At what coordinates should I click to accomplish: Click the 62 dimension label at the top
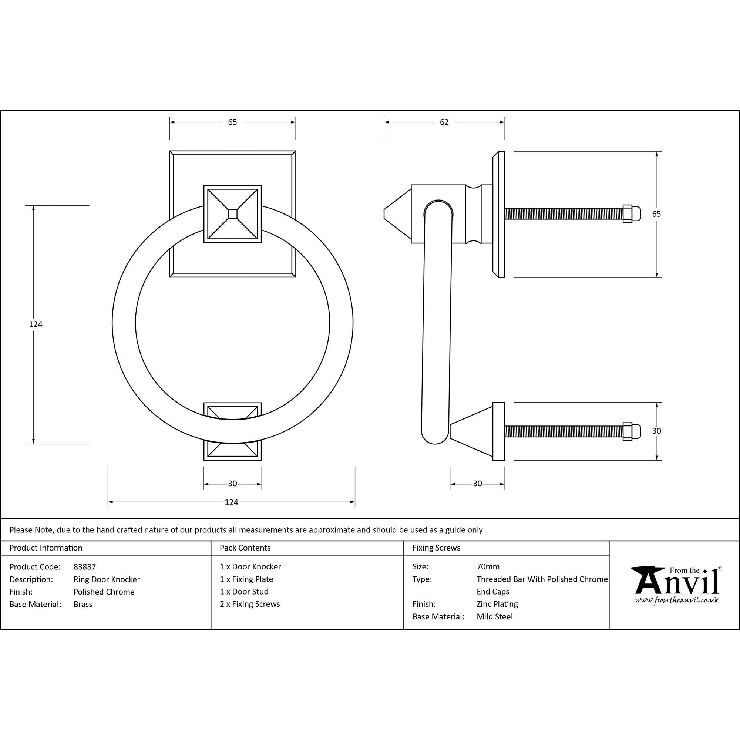tap(444, 122)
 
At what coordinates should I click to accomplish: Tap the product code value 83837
tap(85, 566)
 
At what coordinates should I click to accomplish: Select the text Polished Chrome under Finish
tap(104, 592)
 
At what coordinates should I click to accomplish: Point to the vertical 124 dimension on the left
tap(36, 324)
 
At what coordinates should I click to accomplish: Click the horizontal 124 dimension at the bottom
tap(231, 502)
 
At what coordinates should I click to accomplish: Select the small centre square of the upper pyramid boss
tap(232, 214)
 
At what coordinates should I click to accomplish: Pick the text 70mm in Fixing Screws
tap(488, 566)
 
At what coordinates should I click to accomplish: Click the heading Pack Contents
tap(245, 548)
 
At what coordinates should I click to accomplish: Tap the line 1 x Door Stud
tap(244, 592)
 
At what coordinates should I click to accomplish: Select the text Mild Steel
tap(494, 617)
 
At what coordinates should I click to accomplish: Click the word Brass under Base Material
tap(83, 604)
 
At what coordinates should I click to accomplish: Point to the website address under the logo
tap(677, 600)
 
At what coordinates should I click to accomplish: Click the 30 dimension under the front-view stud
tap(232, 484)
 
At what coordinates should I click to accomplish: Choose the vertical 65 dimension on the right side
tap(656, 214)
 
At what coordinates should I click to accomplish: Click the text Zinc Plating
tap(497, 604)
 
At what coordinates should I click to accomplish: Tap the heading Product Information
tap(46, 548)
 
